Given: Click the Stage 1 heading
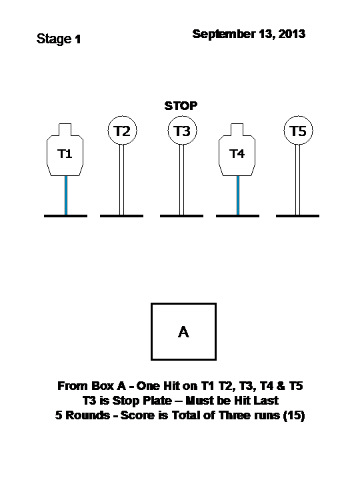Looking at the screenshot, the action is click(59, 39).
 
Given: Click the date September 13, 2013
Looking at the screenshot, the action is click(249, 34).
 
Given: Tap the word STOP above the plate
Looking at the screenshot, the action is click(181, 106).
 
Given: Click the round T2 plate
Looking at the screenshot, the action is click(122, 131).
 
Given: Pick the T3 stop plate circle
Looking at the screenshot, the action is click(182, 131).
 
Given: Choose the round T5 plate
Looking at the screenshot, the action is click(298, 131).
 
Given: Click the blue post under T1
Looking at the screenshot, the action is click(66, 195).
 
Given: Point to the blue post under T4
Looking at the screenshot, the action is click(238, 195).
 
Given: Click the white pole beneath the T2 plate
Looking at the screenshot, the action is click(121, 180).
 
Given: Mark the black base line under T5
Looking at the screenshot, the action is click(297, 216).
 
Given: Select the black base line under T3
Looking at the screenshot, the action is click(181, 216).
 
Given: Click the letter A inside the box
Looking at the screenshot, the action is click(183, 332).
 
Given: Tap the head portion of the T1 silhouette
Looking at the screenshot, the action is click(65, 129).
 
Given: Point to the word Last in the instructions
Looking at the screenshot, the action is click(266, 401).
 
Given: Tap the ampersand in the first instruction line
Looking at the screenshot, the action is click(281, 386).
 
